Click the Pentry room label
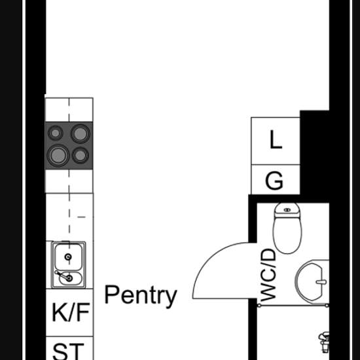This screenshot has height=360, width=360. [x=141, y=296]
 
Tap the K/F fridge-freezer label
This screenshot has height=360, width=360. [x=71, y=312]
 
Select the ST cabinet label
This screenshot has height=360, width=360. [x=68, y=351]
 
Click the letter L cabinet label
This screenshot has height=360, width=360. [x=276, y=139]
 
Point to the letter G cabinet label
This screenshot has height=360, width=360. [x=274, y=181]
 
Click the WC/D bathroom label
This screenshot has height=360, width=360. [x=268, y=275]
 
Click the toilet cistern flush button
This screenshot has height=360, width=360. [x=287, y=210]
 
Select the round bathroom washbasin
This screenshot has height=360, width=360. [x=312, y=282]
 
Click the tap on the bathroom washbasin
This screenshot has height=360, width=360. [x=321, y=282]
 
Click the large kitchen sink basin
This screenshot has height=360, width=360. [x=68, y=257]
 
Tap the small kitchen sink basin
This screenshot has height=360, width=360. [x=70, y=278]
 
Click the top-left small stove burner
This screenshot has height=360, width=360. [x=55, y=133]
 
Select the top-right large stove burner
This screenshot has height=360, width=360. [x=80, y=134]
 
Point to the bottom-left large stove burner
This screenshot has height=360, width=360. [x=58, y=155]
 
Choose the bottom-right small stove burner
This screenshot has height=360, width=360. [x=81, y=155]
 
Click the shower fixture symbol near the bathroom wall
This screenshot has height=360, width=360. [x=324, y=342]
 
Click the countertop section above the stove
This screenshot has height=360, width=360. [x=69, y=110]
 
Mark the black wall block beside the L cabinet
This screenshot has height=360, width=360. [x=315, y=153]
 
